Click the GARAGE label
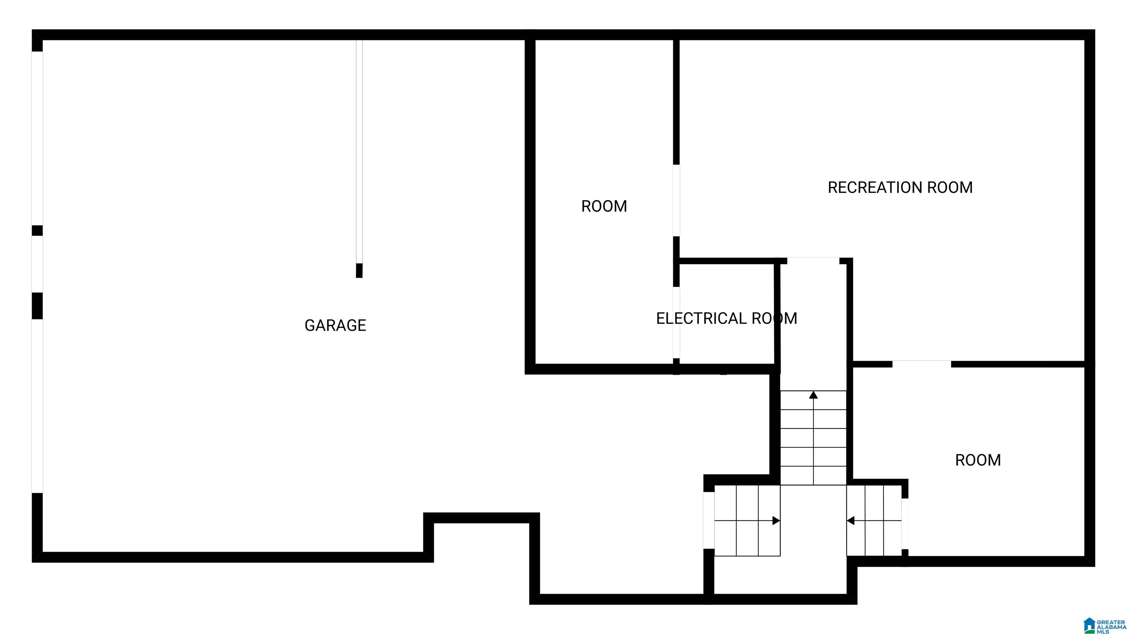click(335, 325)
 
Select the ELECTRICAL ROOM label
click(726, 318)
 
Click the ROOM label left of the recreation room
click(604, 207)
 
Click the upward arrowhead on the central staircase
click(813, 395)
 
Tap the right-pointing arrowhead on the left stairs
click(776, 521)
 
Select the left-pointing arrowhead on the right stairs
click(850, 521)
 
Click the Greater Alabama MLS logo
click(1103, 625)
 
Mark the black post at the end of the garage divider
click(359, 270)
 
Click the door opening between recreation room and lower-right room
click(922, 364)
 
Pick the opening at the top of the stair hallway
click(813, 261)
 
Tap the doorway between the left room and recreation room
click(676, 200)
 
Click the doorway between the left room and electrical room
click(676, 323)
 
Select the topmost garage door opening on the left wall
click(37, 138)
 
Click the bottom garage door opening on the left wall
click(37, 406)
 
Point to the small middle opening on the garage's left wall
click(37, 264)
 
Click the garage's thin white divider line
click(359, 152)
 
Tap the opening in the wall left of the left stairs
click(709, 520)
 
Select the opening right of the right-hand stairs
click(905, 524)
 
